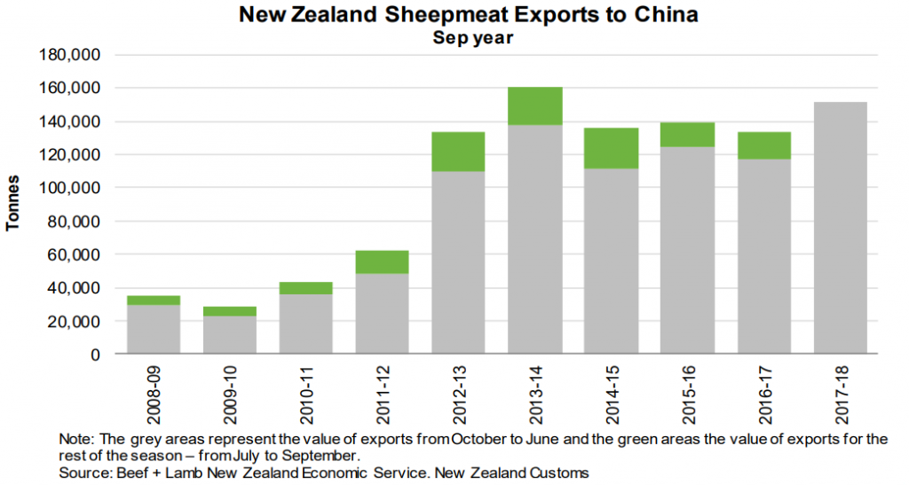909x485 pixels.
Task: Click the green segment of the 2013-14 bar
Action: (535, 106)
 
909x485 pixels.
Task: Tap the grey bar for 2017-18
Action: (840, 228)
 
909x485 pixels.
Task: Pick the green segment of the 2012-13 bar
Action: (459, 152)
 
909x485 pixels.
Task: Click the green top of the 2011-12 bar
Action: (383, 262)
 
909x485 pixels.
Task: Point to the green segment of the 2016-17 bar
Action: (764, 145)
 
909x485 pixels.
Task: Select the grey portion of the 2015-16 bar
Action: (688, 250)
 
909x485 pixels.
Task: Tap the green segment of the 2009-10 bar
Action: (230, 311)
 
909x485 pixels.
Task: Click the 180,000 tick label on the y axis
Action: (74, 55)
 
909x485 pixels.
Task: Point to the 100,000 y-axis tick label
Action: (74, 188)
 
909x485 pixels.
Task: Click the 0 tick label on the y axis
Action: (96, 355)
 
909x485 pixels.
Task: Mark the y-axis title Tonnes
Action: (14, 205)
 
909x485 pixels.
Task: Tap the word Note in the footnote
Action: (75, 439)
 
